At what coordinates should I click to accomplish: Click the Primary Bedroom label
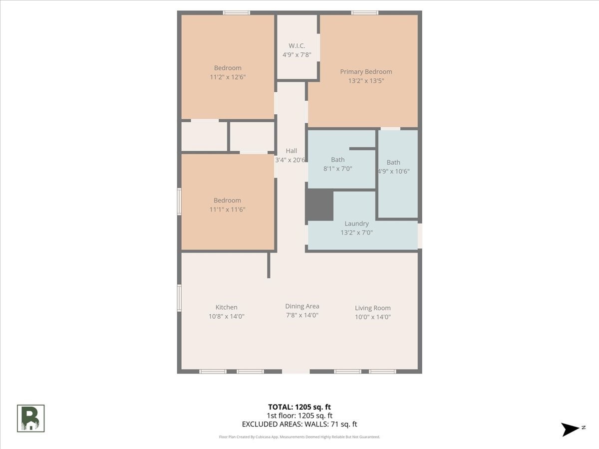(366, 72)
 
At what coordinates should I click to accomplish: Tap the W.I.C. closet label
(297, 46)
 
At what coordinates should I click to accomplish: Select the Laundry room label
(357, 224)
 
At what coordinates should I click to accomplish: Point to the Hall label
(292, 151)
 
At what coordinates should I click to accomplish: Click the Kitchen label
(227, 307)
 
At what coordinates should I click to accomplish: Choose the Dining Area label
(302, 306)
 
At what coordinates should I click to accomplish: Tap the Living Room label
(373, 308)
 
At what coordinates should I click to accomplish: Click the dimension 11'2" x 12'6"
(228, 77)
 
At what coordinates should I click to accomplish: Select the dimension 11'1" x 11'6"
(227, 210)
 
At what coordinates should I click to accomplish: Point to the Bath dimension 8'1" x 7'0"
(338, 169)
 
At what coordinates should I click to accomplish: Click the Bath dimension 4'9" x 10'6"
(393, 172)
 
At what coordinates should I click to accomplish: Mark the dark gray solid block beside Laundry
(319, 205)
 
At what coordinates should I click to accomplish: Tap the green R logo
(31, 419)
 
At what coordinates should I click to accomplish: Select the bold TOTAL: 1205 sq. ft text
(299, 407)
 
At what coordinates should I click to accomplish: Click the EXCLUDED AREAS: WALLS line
(299, 424)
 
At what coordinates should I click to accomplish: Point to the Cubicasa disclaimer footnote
(299, 437)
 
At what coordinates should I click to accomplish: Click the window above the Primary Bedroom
(364, 13)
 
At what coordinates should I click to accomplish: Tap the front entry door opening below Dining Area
(296, 371)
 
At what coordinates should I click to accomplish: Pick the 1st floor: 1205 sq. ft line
(299, 416)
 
